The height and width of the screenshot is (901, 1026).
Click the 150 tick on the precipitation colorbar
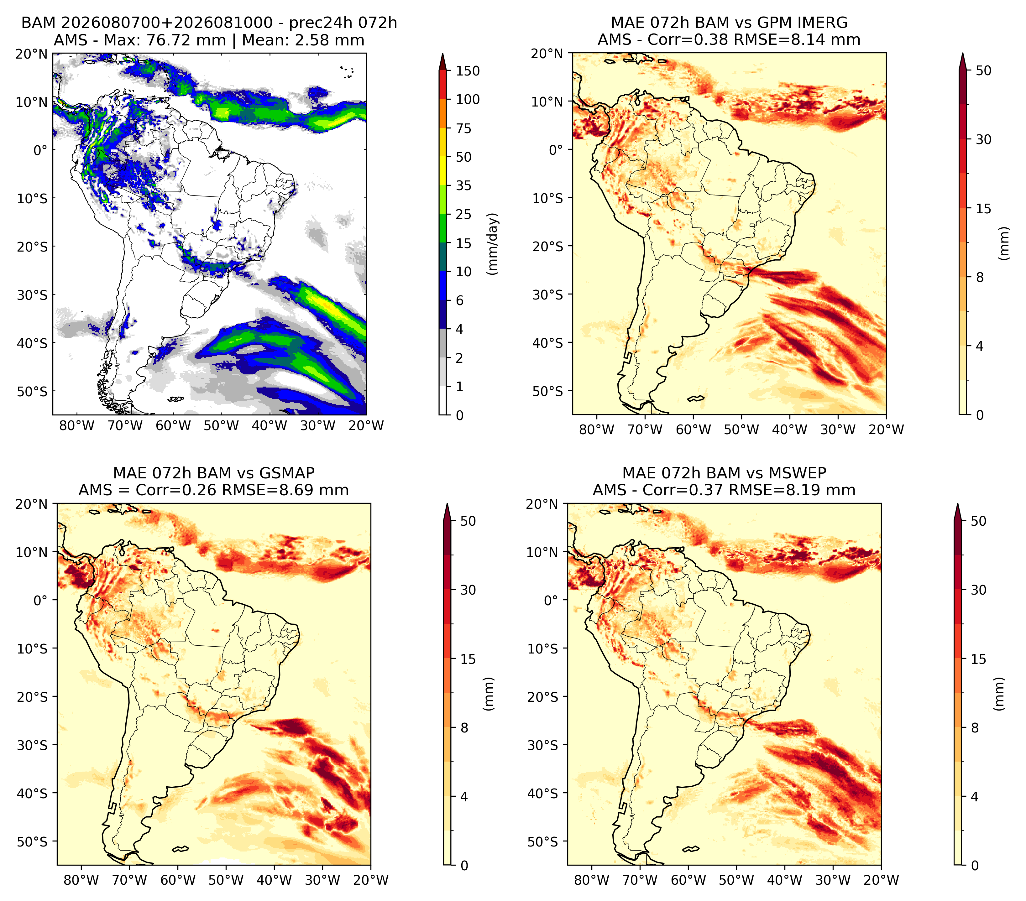coord(468,71)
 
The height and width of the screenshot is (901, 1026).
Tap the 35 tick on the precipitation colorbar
coord(464,185)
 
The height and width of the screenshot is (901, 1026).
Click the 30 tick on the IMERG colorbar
coord(983,139)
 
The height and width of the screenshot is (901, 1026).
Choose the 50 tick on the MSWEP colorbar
coord(978,521)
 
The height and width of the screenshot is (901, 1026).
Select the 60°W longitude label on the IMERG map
coord(693,430)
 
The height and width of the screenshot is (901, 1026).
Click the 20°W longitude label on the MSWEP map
coord(881,880)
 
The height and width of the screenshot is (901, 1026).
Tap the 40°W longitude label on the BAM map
coord(270,426)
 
